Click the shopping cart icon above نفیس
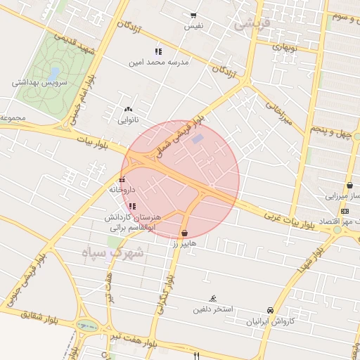tap(193, 15)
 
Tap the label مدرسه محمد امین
tap(159, 62)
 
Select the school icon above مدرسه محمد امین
tap(158, 51)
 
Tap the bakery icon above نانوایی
tap(127, 110)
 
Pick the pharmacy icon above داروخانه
tap(122, 179)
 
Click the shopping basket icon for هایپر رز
tap(184, 233)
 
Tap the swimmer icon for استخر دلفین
tap(213, 298)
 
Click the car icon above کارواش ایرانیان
tap(270, 310)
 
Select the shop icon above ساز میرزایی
tap(349, 186)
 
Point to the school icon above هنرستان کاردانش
tap(133, 206)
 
